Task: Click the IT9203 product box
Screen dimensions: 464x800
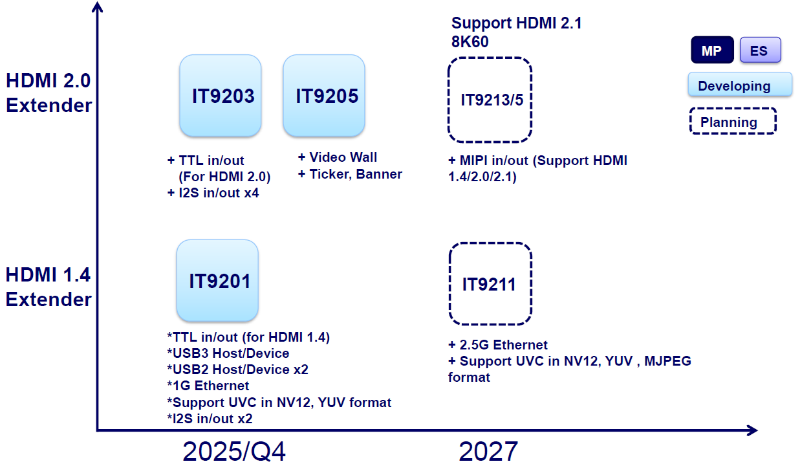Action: [221, 96]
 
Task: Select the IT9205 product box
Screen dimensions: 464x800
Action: [324, 96]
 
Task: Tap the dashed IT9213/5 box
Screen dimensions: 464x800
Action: [490, 100]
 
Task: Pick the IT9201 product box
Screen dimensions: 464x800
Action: [217, 281]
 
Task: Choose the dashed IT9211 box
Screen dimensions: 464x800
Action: [490, 284]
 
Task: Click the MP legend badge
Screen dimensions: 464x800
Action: [712, 50]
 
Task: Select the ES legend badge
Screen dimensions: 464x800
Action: [759, 50]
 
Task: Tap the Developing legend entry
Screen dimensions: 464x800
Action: [740, 85]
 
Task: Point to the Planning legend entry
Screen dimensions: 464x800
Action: [733, 122]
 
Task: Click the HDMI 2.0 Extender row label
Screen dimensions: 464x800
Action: [49, 93]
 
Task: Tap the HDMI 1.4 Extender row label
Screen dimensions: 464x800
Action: [49, 287]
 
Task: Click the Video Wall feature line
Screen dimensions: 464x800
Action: [338, 157]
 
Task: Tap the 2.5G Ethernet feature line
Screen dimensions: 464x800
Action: [498, 345]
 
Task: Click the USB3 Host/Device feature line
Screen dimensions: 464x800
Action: [228, 353]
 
